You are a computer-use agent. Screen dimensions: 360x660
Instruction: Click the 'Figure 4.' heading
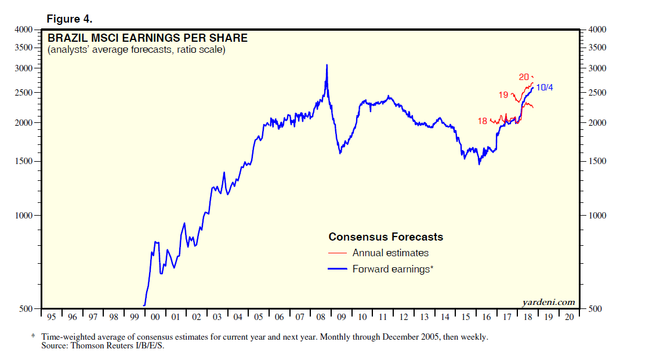pyautogui.click(x=69, y=19)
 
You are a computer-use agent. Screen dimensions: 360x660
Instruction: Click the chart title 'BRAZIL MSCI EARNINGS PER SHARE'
pyautogui.click(x=147, y=38)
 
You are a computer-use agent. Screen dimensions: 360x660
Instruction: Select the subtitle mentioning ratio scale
pyautogui.click(x=136, y=50)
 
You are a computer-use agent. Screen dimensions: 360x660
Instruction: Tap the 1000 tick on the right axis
pyautogui.click(x=597, y=216)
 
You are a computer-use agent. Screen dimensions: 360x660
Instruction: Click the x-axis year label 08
pyautogui.click(x=321, y=318)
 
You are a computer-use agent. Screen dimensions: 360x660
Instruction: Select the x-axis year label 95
pyautogui.click(x=52, y=318)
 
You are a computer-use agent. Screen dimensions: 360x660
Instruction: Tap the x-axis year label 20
pyautogui.click(x=569, y=318)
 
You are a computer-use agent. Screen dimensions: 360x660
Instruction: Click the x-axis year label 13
pyautogui.click(x=424, y=318)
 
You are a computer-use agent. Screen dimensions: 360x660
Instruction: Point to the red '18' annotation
pyautogui.click(x=483, y=121)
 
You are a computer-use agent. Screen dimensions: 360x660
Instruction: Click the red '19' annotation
pyautogui.click(x=503, y=95)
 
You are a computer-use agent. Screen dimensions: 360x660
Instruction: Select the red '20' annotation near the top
pyautogui.click(x=524, y=77)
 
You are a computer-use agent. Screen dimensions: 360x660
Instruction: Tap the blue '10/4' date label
pyautogui.click(x=544, y=88)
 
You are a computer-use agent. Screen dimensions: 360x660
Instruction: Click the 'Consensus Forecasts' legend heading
pyautogui.click(x=386, y=237)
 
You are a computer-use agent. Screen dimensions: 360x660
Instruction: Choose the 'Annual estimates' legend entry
pyautogui.click(x=390, y=253)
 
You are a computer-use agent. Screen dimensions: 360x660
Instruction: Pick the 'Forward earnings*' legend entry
pyautogui.click(x=393, y=269)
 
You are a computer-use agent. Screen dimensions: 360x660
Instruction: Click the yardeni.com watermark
pyautogui.click(x=549, y=302)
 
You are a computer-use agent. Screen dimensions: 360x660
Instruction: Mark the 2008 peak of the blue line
pyautogui.click(x=327, y=65)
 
